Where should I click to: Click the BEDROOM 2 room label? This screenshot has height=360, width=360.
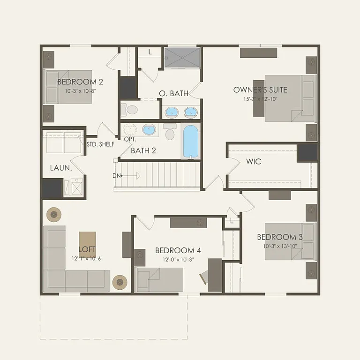click(80, 82)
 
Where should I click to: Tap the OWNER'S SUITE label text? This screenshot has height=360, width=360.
click(260, 90)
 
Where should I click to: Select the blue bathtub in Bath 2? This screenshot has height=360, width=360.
click(190, 141)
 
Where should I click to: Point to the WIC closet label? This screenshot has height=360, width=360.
click(254, 162)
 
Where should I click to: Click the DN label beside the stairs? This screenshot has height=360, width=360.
click(116, 176)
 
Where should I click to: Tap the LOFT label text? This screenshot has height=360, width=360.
click(87, 250)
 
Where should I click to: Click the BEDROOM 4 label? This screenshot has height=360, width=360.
click(178, 250)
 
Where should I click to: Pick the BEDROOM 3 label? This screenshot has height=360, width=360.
click(280, 237)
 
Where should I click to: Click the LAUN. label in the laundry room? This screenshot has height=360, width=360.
click(60, 167)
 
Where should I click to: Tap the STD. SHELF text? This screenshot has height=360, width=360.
click(100, 144)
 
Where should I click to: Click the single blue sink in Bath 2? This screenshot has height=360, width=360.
click(150, 130)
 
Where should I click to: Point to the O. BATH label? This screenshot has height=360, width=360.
click(173, 94)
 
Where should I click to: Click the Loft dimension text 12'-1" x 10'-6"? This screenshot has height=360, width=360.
click(87, 258)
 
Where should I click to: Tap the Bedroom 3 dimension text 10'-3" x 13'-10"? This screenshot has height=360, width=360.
click(280, 246)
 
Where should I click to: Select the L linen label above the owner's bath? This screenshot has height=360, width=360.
click(150, 52)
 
